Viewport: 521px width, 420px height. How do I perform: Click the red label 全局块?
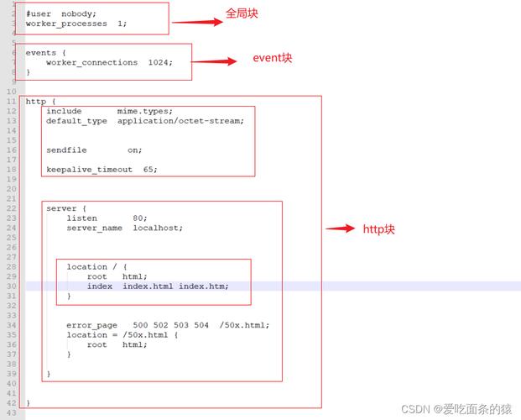tap(242, 14)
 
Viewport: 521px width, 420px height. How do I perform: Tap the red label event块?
tap(273, 59)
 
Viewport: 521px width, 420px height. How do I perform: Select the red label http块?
tap(378, 228)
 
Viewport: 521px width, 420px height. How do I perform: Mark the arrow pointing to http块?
tap(341, 228)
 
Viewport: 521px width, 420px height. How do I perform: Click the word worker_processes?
tap(66, 24)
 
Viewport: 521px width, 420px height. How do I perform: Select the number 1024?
tap(158, 63)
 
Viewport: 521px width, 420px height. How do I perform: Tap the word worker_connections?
tap(91, 63)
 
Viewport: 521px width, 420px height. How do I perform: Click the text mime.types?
tap(144, 111)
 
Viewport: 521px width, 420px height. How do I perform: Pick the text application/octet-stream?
tap(180, 121)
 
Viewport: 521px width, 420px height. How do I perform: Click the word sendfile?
tap(66, 150)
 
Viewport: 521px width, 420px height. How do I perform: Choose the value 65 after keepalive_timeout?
tap(149, 169)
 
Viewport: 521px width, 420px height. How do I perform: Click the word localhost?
tap(158, 228)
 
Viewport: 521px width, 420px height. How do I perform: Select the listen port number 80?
tap(139, 218)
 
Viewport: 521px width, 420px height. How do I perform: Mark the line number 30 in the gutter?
tap(11, 286)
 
